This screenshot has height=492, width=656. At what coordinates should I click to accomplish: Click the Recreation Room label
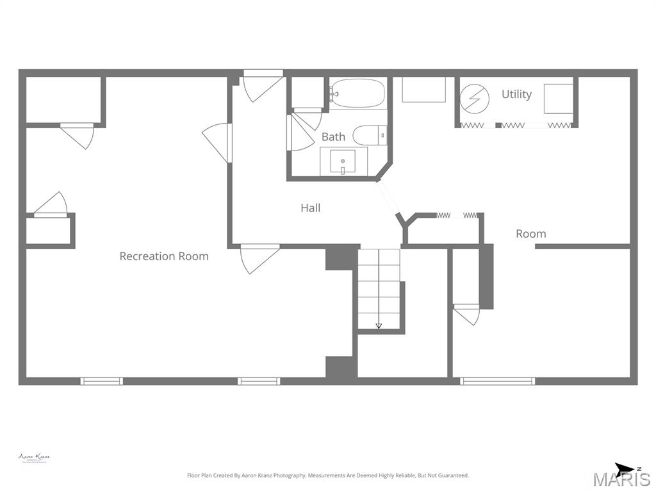(x=164, y=256)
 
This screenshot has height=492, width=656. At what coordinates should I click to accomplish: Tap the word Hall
(x=311, y=208)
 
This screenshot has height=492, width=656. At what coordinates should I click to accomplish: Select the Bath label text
(x=333, y=136)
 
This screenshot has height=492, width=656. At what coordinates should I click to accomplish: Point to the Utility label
(x=516, y=94)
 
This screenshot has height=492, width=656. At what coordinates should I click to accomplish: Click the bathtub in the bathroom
(x=358, y=94)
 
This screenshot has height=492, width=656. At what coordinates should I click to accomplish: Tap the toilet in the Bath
(x=369, y=135)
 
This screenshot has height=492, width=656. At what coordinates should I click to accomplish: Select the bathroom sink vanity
(x=343, y=161)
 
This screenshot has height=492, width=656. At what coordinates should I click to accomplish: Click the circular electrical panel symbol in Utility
(x=475, y=99)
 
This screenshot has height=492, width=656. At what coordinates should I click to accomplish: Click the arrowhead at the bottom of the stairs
(x=379, y=326)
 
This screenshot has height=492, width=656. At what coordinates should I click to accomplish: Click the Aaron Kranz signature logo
(x=33, y=458)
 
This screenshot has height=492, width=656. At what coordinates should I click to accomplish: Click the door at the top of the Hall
(x=263, y=86)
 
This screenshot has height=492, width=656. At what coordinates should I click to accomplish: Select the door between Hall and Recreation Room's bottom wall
(x=259, y=258)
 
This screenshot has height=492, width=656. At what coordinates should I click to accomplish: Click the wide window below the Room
(x=497, y=381)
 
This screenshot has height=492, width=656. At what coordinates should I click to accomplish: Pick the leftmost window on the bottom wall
(x=101, y=381)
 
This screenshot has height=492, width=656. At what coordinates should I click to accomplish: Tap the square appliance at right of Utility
(x=558, y=99)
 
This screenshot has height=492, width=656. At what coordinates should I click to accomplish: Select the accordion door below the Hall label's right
(x=457, y=215)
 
